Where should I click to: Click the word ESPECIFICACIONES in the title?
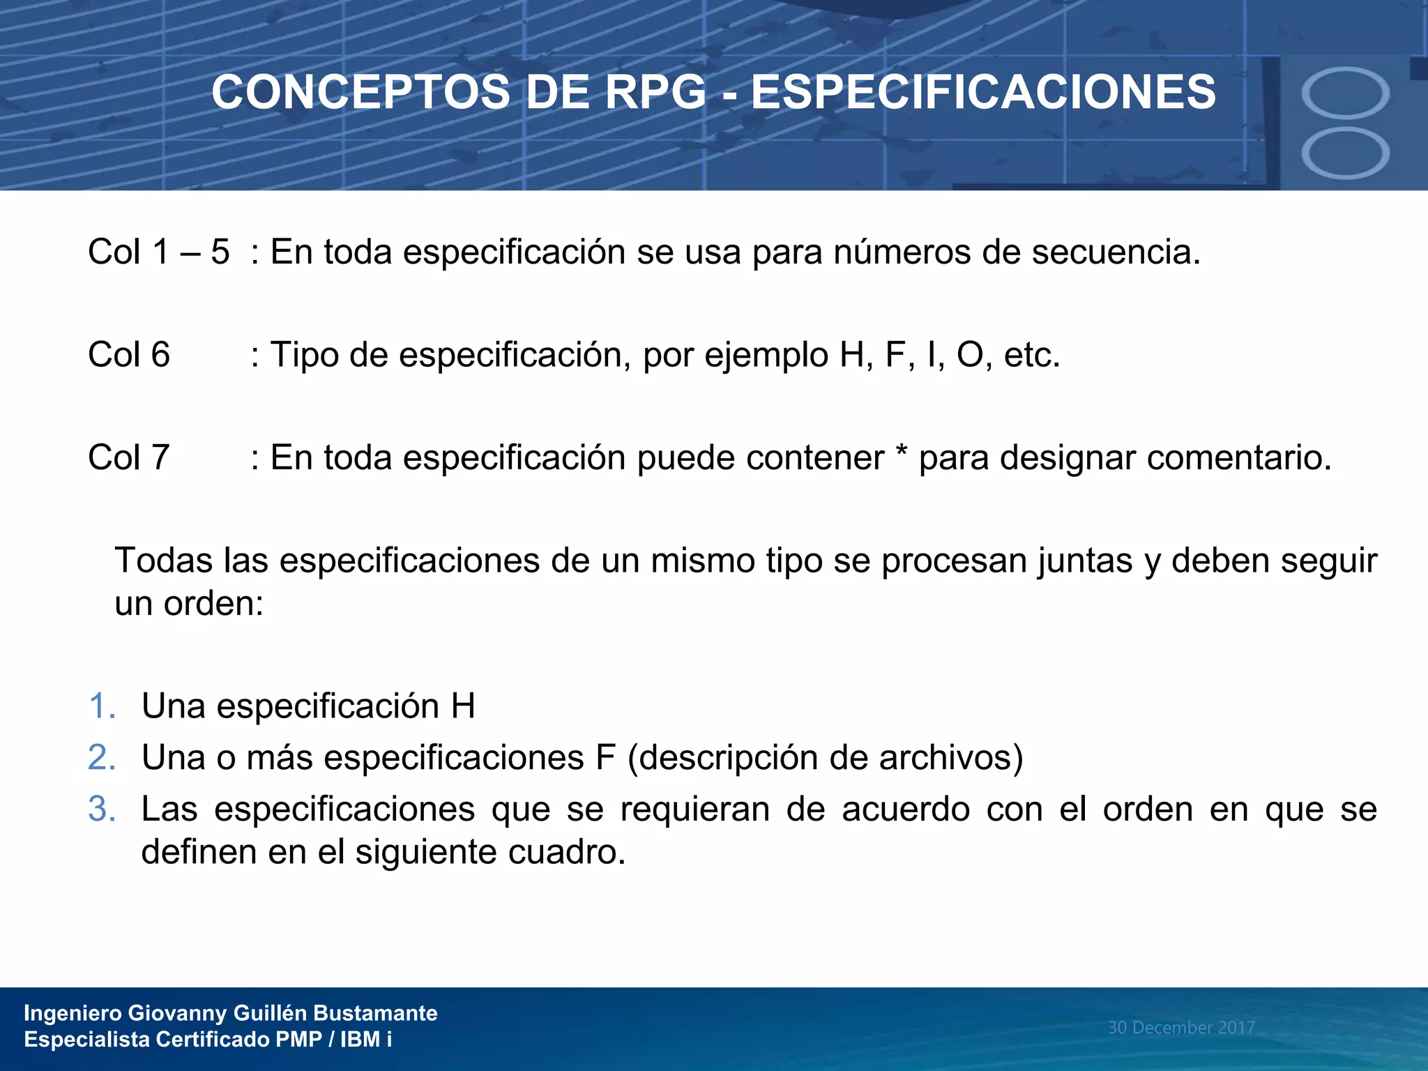[983, 93]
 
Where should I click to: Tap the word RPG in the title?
[655, 93]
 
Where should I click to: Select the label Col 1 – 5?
[158, 252]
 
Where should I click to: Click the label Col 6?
[129, 355]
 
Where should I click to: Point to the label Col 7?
[129, 458]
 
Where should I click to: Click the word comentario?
[1238, 458]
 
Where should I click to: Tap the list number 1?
[102, 706]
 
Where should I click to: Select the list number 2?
[102, 758]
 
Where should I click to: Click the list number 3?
[102, 810]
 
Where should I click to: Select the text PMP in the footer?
[298, 1040]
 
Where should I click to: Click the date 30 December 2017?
[1181, 1028]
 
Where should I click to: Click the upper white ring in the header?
[1345, 92]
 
